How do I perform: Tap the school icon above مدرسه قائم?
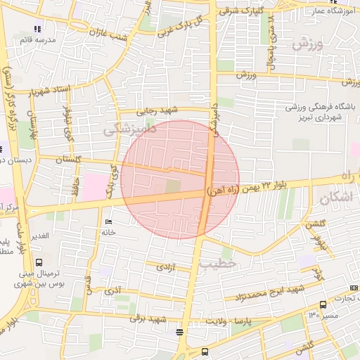point(37,30)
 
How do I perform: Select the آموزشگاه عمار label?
point(328,11)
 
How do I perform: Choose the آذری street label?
point(112,290)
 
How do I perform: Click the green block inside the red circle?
point(172,186)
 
